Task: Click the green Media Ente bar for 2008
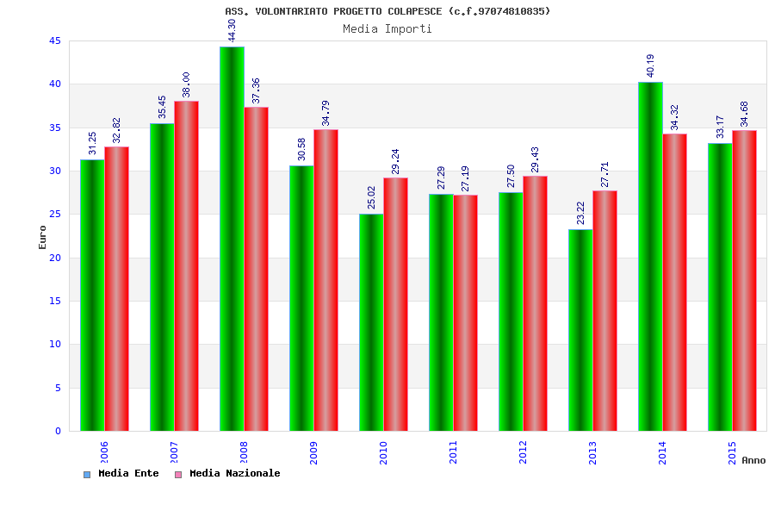[x=232, y=239]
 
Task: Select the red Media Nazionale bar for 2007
[x=186, y=266]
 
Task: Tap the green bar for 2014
[x=650, y=256]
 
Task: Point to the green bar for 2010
[x=371, y=322]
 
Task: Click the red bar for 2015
[x=744, y=281]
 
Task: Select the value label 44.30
[x=232, y=30]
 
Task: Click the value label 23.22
[x=581, y=213]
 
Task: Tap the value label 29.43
[x=535, y=159]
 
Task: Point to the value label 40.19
[x=651, y=65]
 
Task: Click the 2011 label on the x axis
[x=453, y=452]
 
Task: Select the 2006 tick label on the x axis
[x=104, y=452]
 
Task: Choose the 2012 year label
[x=523, y=452]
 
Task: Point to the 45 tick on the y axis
[x=54, y=41]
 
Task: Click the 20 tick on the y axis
[x=54, y=258]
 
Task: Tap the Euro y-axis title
[x=42, y=237]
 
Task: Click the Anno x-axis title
[x=753, y=460]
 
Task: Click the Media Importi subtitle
[x=387, y=28]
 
